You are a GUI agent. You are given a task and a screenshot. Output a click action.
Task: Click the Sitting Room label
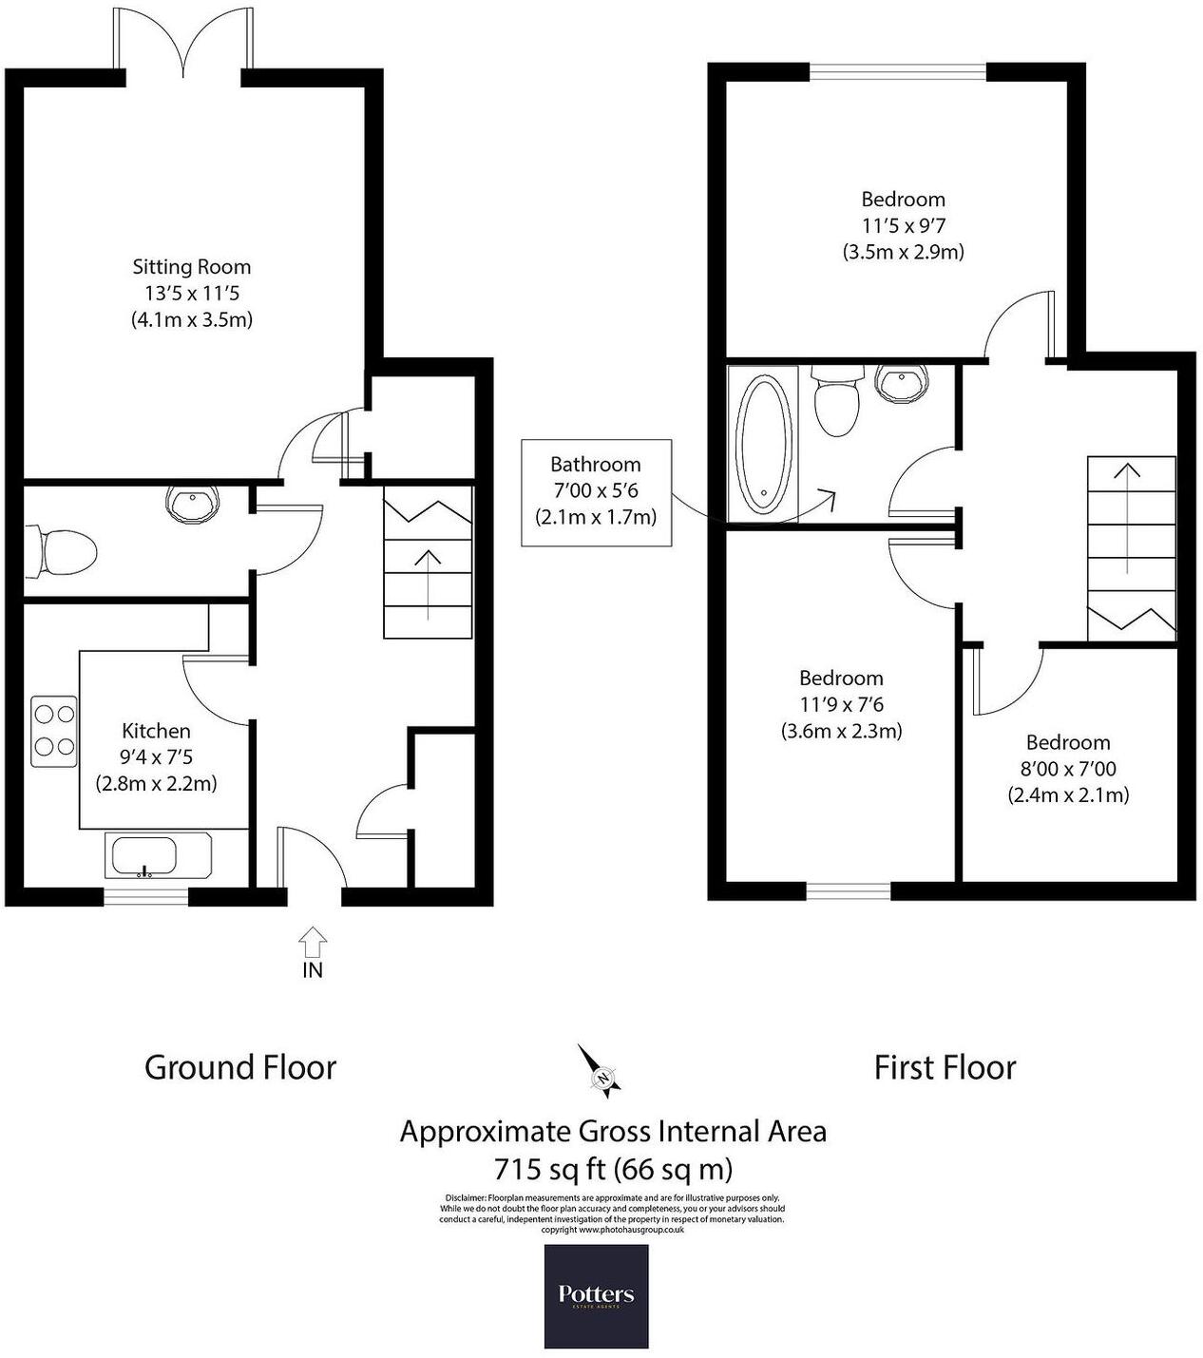pos(191,267)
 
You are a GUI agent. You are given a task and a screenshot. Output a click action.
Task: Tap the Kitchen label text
pos(156,731)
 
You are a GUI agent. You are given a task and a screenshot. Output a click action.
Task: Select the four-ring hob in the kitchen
pos(54,732)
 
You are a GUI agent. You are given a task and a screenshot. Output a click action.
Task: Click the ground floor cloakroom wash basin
pos(193,505)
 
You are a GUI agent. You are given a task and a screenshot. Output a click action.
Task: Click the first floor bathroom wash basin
pos(901,383)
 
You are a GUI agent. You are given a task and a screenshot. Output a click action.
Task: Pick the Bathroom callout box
pos(596,491)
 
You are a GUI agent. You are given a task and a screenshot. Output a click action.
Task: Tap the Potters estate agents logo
pos(596,1295)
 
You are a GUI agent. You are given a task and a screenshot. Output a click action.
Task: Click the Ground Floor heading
pos(240,1067)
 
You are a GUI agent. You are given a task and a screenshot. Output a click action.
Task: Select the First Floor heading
pos(945,1067)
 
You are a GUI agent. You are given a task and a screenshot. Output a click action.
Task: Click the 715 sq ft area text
pos(613,1168)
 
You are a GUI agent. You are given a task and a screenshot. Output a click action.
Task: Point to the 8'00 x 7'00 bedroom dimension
pos(1068,769)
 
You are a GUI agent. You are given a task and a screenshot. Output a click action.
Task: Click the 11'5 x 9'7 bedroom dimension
pos(903,225)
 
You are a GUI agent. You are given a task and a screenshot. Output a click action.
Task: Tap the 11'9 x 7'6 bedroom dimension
pos(841,704)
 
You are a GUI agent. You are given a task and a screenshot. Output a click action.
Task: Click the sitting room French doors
pos(183,43)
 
